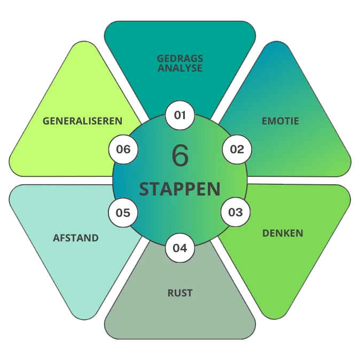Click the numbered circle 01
pyautogui.click(x=180, y=115)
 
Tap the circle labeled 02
pyautogui.click(x=237, y=149)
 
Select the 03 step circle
pyautogui.click(x=236, y=212)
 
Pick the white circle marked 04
pyautogui.click(x=180, y=248)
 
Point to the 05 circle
pyautogui.click(x=123, y=213)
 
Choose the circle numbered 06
pyautogui.click(x=123, y=149)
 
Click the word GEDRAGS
pyautogui.click(x=180, y=59)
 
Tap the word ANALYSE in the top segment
pyautogui.click(x=180, y=68)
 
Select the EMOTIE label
pyautogui.click(x=280, y=121)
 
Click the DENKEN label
pyautogui.click(x=283, y=233)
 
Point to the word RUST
pyautogui.click(x=180, y=293)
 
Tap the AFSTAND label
pyautogui.click(x=76, y=238)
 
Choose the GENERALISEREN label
pyautogui.click(x=82, y=121)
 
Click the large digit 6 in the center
pyautogui.click(x=180, y=155)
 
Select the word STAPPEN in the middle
pyautogui.click(x=180, y=189)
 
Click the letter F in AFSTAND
pyautogui.click(x=63, y=238)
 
